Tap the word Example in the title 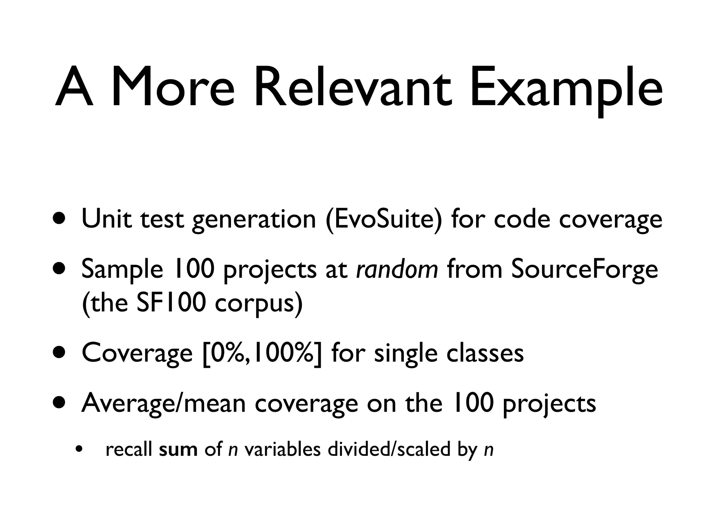pos(565,91)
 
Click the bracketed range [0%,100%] pos(263,354)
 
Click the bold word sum pos(178,450)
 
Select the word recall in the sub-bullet pos(129,450)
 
